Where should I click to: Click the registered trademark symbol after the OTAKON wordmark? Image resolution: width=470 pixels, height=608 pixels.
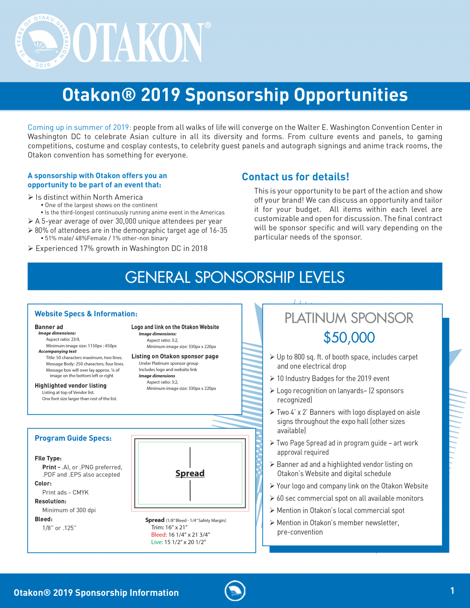pyautogui.click(x=208, y=25)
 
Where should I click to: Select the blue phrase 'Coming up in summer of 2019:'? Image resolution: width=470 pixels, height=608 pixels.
pyautogui.click(x=79, y=127)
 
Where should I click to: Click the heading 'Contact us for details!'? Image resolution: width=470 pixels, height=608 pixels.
pyautogui.click(x=295, y=177)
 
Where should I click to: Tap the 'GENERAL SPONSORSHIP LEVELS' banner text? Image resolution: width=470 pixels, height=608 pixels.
pyautogui.click(x=235, y=277)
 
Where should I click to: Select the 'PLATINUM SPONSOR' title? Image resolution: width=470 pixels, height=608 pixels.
pyautogui.click(x=349, y=318)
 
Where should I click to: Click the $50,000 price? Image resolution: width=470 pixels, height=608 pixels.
pyautogui.click(x=349, y=337)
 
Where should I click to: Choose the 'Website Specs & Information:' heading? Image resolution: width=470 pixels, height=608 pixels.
pyautogui.click(x=86, y=314)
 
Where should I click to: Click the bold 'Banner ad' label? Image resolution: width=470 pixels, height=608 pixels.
pyautogui.click(x=49, y=327)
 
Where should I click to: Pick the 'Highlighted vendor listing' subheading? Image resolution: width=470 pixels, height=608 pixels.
pyautogui.click(x=70, y=385)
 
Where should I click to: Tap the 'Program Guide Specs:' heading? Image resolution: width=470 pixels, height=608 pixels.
pyautogui.click(x=73, y=438)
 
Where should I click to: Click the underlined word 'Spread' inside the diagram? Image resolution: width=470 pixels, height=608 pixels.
pyautogui.click(x=190, y=473)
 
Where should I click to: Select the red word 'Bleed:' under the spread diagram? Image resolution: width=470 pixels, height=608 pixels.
pyautogui.click(x=159, y=535)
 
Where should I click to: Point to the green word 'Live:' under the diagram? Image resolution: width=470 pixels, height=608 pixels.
pyautogui.click(x=157, y=542)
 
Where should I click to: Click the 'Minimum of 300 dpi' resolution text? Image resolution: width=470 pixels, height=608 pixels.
pyautogui.click(x=69, y=510)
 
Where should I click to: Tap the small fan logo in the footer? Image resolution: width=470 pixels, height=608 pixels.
pyautogui.click(x=235, y=591)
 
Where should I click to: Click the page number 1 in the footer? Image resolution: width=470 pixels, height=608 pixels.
pyautogui.click(x=452, y=591)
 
